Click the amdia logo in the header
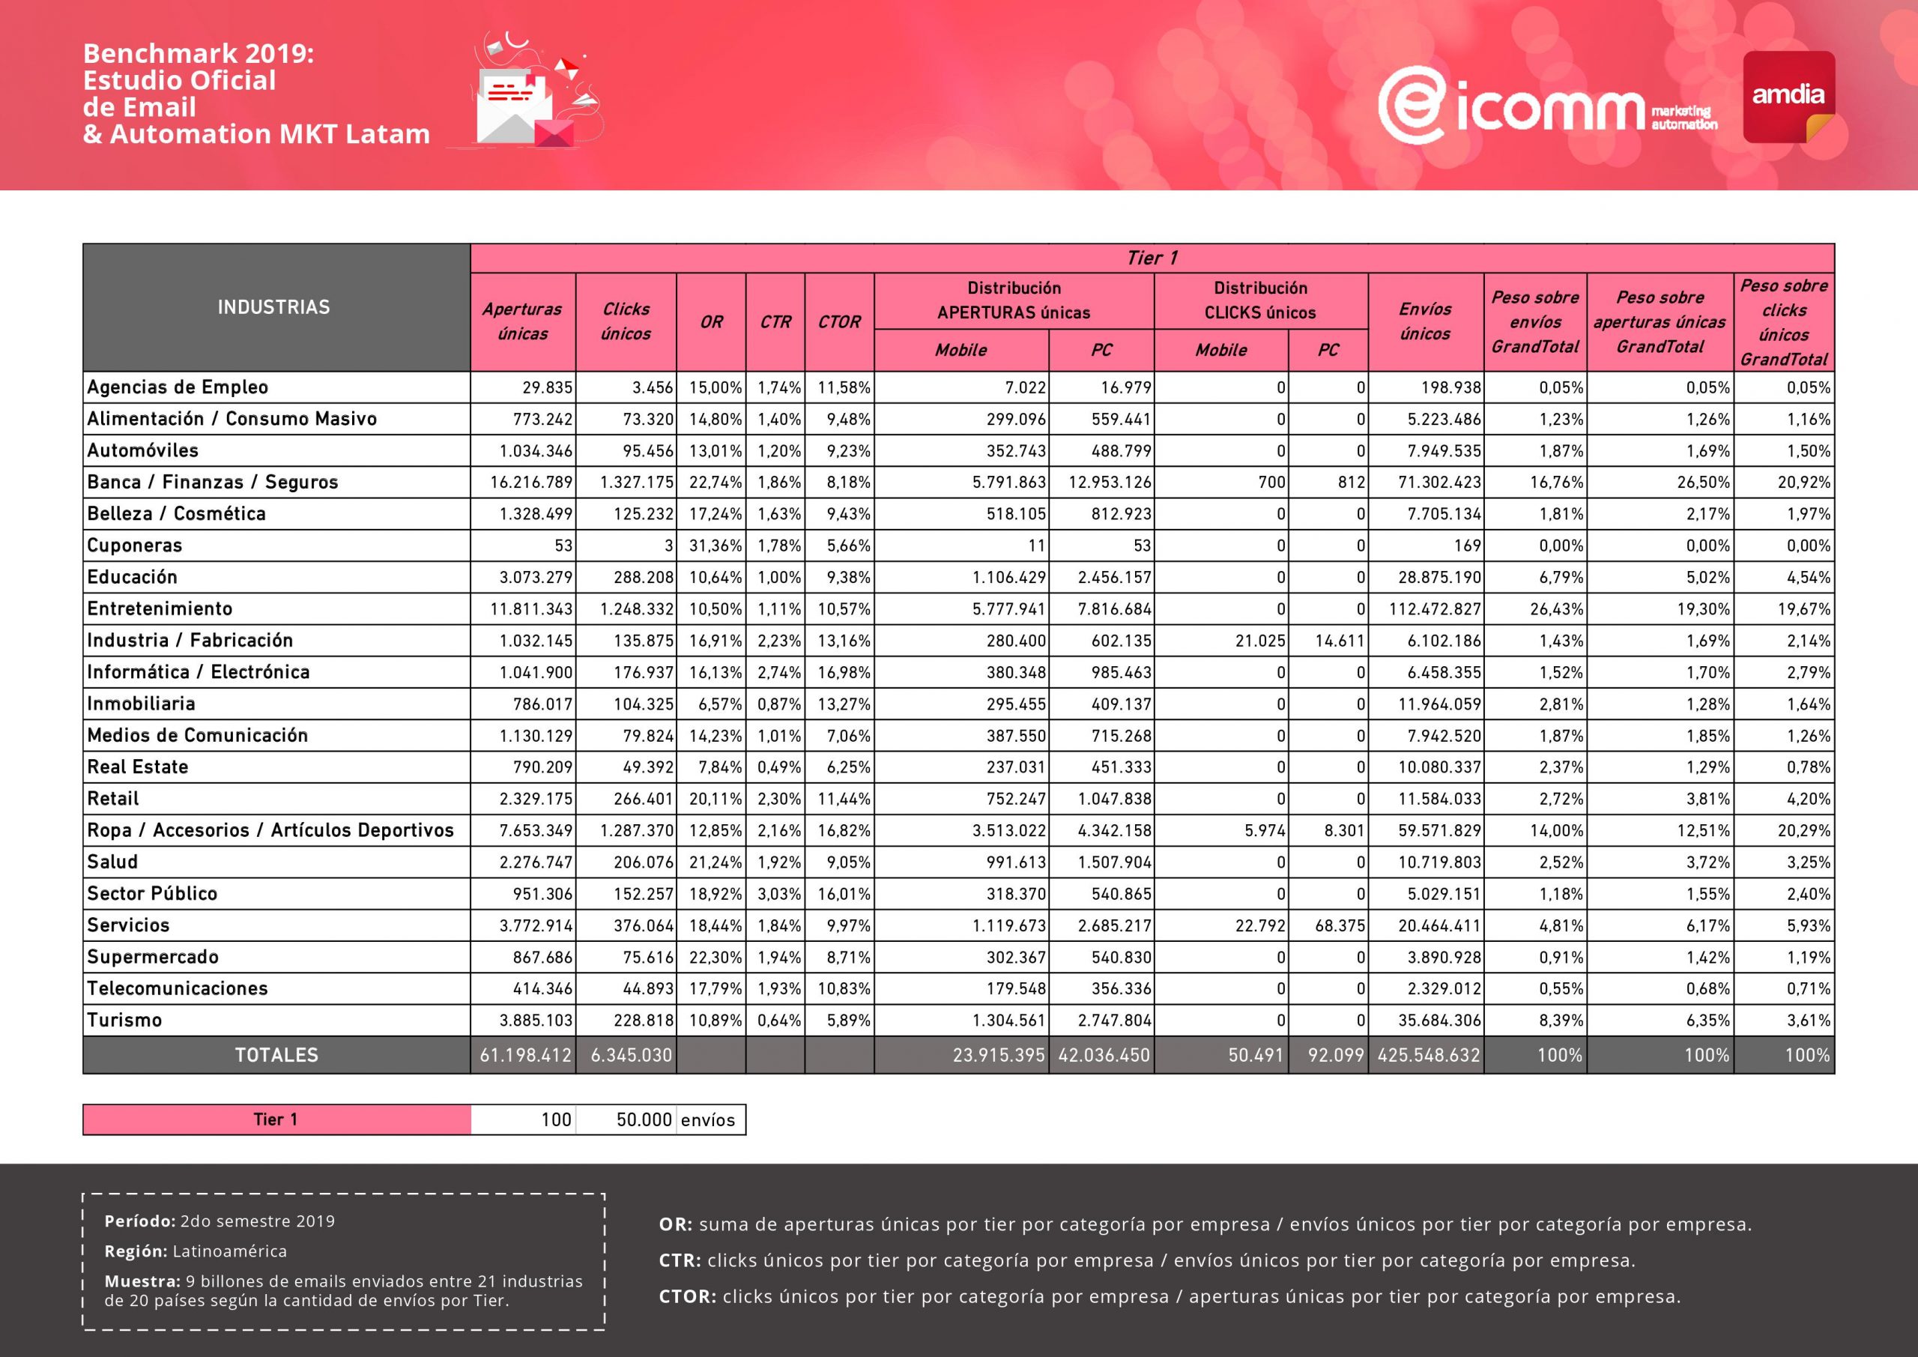[1788, 96]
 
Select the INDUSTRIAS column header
[274, 307]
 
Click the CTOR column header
[838, 321]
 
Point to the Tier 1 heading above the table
[1152, 259]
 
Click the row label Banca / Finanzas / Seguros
[212, 482]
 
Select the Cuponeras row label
[135, 545]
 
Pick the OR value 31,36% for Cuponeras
[715, 545]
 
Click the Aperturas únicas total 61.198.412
[525, 1055]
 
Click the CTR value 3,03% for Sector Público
[778, 894]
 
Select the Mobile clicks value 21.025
[1259, 641]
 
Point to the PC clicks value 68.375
[1340, 926]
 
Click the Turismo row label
[124, 1021]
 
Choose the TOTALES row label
[276, 1055]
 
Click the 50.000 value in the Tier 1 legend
[644, 1119]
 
